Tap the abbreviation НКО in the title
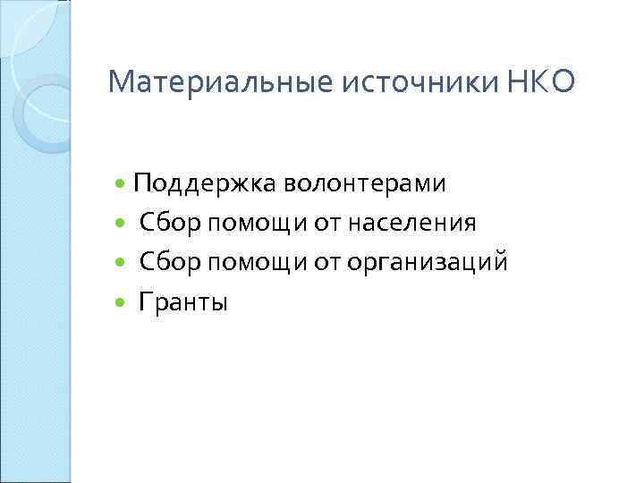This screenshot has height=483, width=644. [x=535, y=84]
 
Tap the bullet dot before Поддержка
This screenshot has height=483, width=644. [x=122, y=184]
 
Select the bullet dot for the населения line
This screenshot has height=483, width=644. [x=122, y=224]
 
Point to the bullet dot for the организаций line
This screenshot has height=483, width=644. [x=122, y=263]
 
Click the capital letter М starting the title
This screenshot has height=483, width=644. [x=119, y=84]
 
